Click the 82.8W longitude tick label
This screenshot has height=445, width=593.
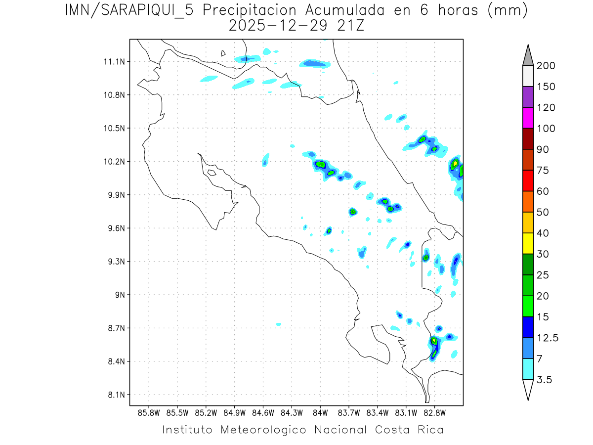pos(434,412)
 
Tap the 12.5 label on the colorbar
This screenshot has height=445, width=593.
pos(548,338)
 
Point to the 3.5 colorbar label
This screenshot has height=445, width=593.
pos(545,380)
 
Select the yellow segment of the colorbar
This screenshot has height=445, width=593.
pos(528,243)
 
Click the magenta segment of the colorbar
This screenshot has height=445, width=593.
pos(528,118)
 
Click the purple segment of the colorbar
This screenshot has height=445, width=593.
pos(528,97)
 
